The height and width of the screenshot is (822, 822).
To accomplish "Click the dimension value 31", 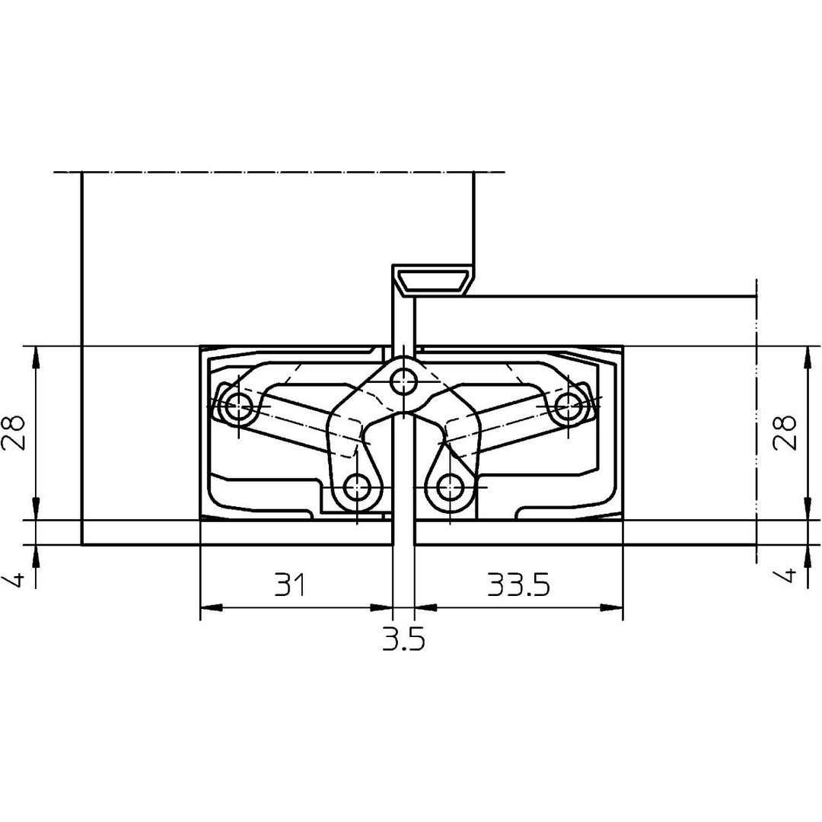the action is tap(291, 585).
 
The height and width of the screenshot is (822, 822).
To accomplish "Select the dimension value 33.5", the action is tap(518, 585).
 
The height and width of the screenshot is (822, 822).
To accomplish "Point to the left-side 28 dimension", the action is tap(13, 433).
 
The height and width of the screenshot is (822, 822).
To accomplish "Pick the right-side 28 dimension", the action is tap(785, 433).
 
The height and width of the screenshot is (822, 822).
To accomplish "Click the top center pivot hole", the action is tap(403, 381).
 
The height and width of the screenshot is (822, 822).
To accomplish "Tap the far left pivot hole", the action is tap(239, 406).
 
